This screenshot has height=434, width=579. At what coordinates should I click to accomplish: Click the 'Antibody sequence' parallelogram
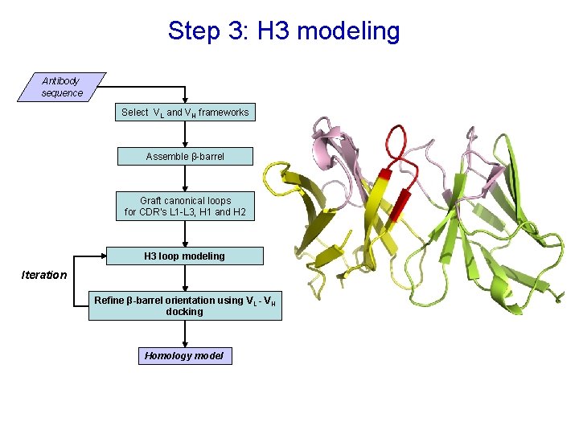62,87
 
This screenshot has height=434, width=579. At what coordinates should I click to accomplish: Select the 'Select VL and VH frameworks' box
185,113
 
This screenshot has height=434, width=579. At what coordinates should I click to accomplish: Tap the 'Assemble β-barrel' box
185,156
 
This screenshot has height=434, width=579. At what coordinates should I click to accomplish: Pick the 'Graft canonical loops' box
185,207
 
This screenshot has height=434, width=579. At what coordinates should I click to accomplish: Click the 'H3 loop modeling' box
185,256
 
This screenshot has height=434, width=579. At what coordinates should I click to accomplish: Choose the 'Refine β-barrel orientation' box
185,305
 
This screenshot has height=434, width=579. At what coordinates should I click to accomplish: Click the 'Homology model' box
184,355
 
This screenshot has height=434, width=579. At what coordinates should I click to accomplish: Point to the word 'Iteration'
44,275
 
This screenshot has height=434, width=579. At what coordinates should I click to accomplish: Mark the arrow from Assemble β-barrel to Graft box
185,178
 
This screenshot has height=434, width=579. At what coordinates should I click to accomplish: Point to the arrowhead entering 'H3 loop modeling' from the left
102,256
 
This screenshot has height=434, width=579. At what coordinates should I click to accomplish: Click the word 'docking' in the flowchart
185,312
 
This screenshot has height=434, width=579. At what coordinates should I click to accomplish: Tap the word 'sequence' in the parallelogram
62,93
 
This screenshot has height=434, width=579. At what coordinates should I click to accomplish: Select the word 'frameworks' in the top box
224,113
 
